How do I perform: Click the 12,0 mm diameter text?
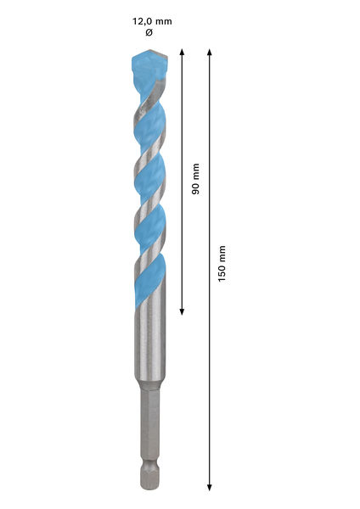(x=149, y=21)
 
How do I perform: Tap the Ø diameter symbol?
(x=149, y=33)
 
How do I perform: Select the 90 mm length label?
(x=196, y=179)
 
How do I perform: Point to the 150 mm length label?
(x=222, y=264)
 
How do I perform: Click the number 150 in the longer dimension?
(x=222, y=274)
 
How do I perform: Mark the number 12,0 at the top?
(x=140, y=21)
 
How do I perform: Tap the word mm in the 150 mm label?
(x=222, y=253)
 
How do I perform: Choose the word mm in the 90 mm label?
(x=196, y=171)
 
